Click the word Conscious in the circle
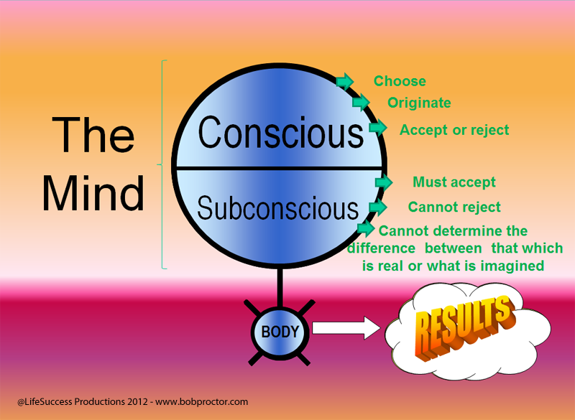(281, 132)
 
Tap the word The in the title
(93, 134)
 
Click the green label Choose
(400, 81)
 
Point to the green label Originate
(419, 103)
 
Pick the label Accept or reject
(454, 130)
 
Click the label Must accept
(454, 182)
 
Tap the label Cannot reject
(454, 207)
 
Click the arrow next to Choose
(345, 81)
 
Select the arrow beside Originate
(361, 103)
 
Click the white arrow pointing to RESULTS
(346, 329)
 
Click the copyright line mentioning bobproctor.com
(132, 402)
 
